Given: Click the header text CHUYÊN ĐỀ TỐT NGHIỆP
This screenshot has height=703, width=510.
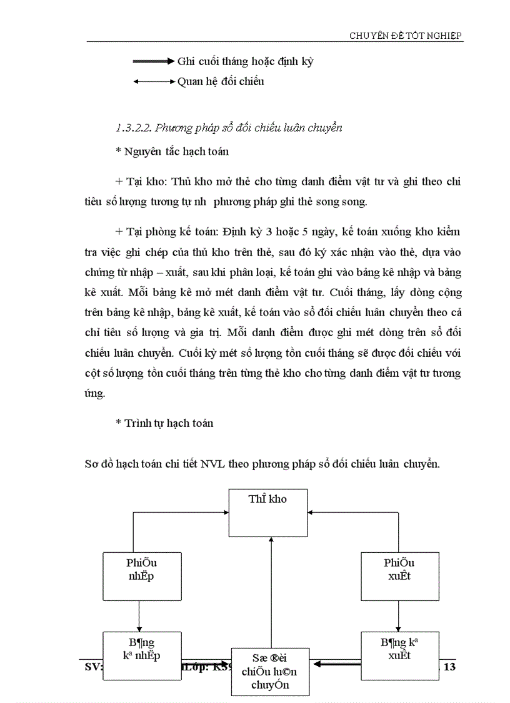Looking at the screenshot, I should [x=405, y=36].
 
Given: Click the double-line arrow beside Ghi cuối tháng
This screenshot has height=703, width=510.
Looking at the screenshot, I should [x=152, y=61].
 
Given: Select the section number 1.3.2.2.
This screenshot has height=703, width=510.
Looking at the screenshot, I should [x=133, y=128].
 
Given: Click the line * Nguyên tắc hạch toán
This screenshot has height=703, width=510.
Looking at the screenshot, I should [x=172, y=151].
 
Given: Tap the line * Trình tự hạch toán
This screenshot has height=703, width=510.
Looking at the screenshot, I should [x=164, y=423].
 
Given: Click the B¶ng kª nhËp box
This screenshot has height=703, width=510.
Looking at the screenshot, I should [x=142, y=655].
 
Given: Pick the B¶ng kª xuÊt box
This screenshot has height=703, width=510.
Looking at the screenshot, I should [x=400, y=655].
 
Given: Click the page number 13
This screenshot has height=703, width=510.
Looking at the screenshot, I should [x=449, y=667].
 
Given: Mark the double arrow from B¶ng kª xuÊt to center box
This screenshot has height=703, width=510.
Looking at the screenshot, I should [x=336, y=664].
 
